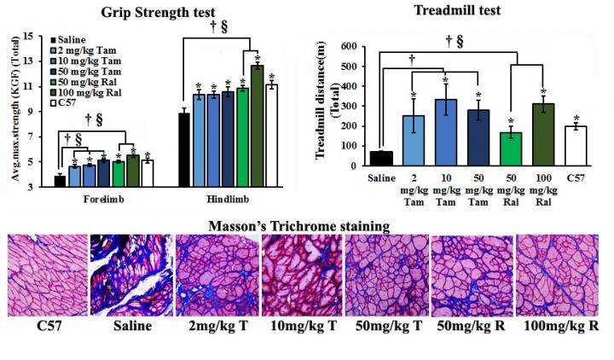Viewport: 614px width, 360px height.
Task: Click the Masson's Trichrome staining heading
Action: click(x=306, y=226)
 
